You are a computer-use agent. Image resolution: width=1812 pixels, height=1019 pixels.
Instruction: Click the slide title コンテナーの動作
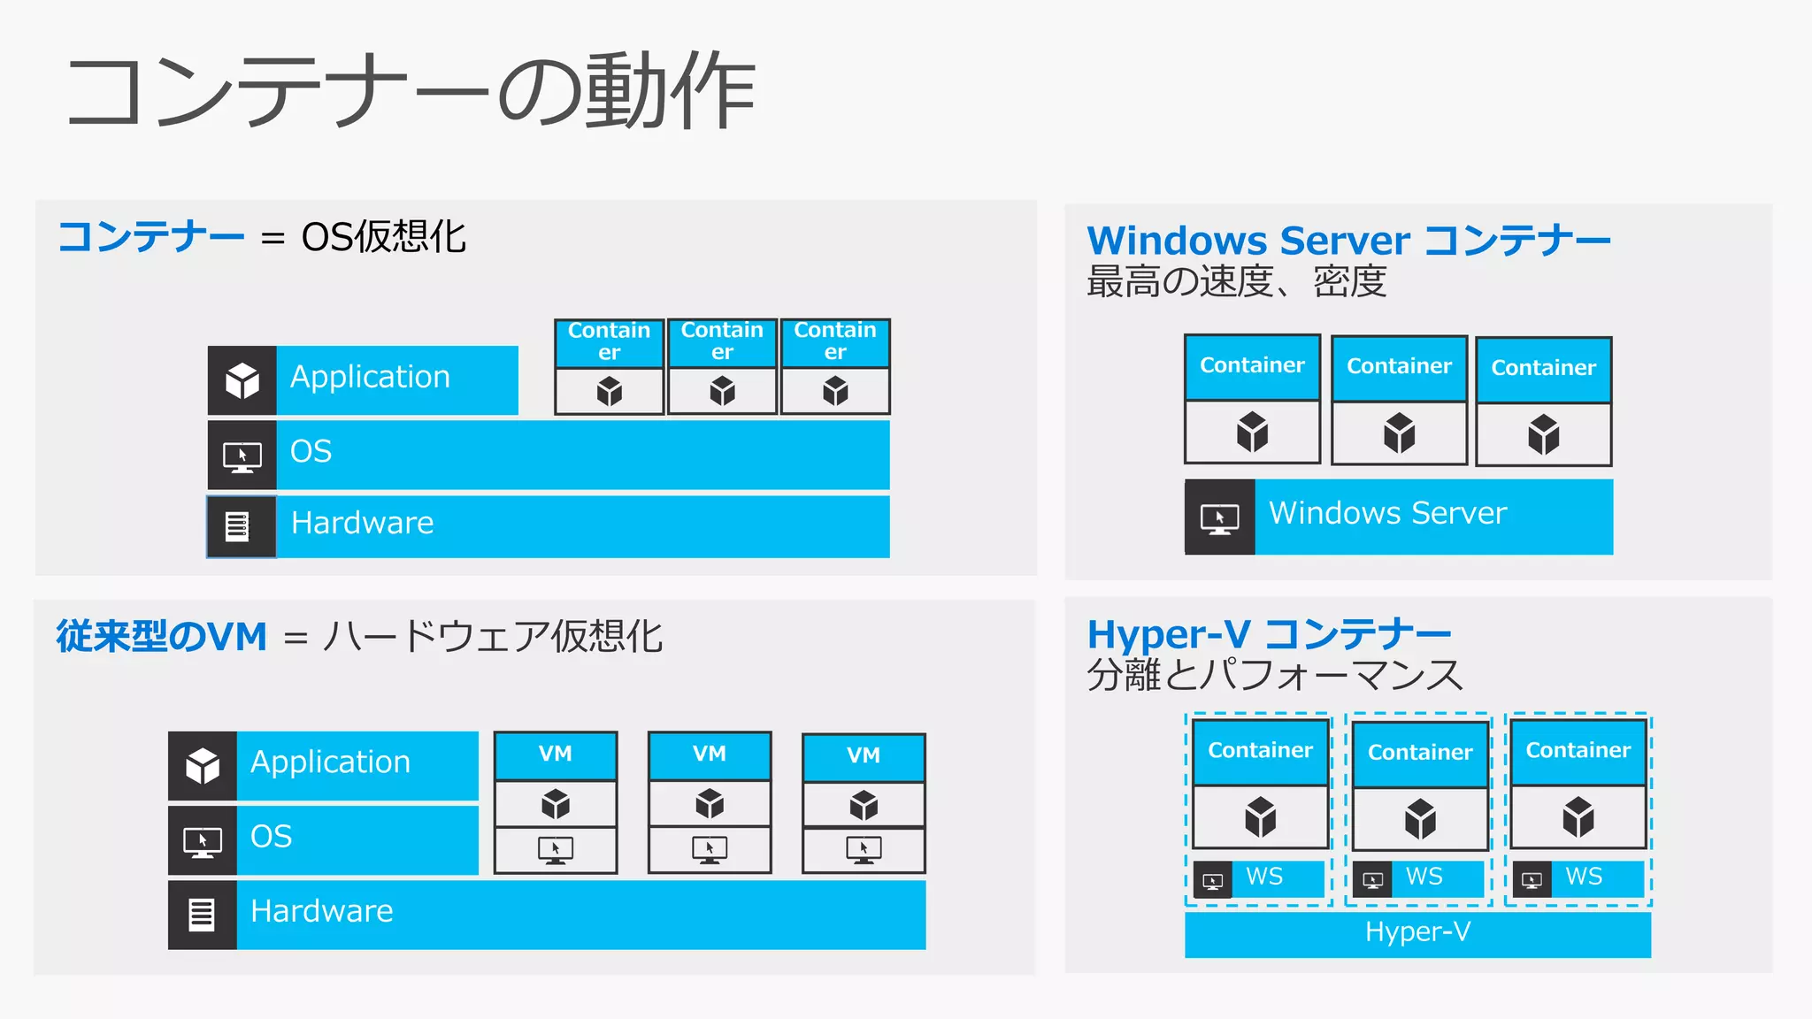[411, 92]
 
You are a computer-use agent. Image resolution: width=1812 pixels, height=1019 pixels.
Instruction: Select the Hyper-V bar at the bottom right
[1417, 932]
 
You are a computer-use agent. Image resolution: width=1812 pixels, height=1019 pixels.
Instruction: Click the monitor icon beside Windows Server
[1219, 518]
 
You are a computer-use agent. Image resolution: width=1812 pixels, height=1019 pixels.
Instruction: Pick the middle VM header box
[710, 755]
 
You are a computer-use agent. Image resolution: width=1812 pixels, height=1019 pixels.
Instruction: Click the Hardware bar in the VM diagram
[580, 914]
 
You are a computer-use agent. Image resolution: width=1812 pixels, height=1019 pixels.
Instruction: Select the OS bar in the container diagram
[582, 454]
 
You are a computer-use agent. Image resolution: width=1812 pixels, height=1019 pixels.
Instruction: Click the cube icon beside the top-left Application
[242, 380]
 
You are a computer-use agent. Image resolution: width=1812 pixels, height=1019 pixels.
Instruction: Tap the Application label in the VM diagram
[331, 762]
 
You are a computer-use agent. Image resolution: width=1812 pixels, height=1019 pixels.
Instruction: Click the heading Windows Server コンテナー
[1347, 241]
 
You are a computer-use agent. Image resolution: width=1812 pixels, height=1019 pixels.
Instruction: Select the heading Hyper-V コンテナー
[1269, 634]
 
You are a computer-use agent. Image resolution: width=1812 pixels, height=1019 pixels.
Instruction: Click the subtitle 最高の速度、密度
[1236, 282]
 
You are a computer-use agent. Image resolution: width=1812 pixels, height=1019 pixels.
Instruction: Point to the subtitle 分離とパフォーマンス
[1275, 675]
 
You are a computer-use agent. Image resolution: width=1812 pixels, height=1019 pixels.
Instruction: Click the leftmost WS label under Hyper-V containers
[1264, 877]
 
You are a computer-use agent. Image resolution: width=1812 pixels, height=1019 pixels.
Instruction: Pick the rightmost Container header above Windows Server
[1543, 368]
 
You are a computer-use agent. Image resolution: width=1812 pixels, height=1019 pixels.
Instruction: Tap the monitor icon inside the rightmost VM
[864, 850]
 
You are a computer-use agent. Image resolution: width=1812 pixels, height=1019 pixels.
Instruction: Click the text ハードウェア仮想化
[493, 637]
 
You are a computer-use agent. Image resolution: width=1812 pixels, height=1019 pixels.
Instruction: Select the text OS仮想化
[383, 237]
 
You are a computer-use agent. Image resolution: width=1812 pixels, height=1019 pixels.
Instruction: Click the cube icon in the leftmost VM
[556, 804]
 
